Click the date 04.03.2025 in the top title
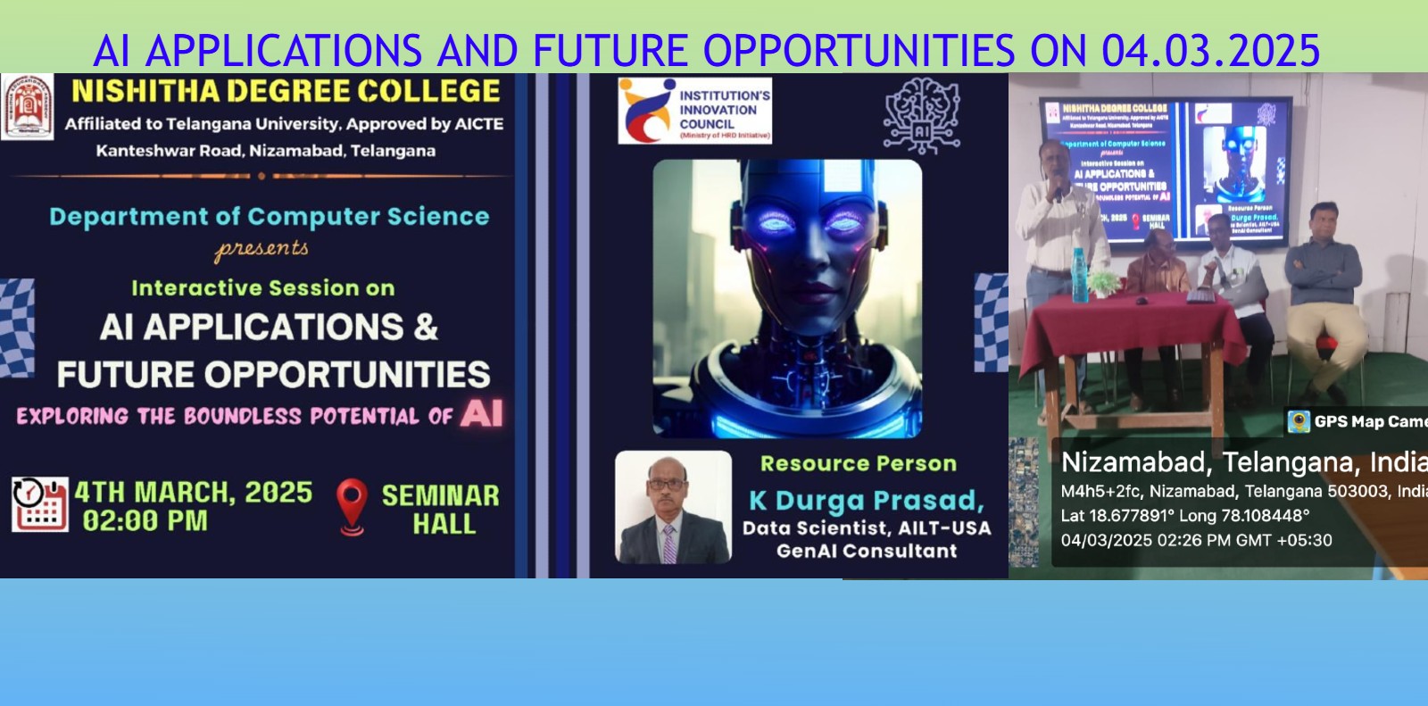coord(1210,50)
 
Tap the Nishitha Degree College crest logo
coord(27,107)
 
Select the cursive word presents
coord(262,249)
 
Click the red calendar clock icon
coord(39,504)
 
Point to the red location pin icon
coord(352,506)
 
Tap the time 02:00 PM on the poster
coord(145,520)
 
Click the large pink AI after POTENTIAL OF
coord(482,414)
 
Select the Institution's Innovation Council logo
coord(694,111)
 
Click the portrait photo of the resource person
coord(673,507)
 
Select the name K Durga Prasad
coord(866,501)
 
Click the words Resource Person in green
coord(858,464)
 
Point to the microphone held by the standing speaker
coord(1058,193)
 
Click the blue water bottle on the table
coord(1078,274)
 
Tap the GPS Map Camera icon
coord(1299,421)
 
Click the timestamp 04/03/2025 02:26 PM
coord(1195,541)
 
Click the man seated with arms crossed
coord(1323,268)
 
